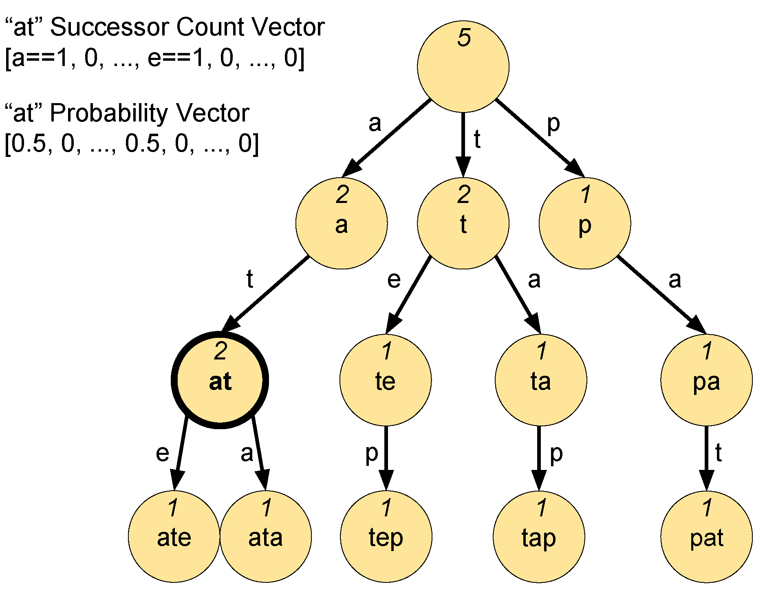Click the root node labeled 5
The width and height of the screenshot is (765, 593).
(x=463, y=66)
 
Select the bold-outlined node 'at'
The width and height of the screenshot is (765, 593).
(x=220, y=380)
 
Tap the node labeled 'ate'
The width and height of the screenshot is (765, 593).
(x=174, y=537)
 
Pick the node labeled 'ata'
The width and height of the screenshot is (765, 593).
(x=266, y=537)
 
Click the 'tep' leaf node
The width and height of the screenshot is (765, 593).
(x=386, y=537)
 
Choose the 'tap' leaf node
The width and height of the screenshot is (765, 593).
(x=539, y=537)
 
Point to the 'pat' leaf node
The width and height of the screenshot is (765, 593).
(x=706, y=537)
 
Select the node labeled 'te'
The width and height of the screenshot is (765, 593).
(x=386, y=380)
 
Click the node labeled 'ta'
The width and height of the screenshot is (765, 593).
(x=541, y=380)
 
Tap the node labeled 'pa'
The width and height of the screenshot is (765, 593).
(x=706, y=380)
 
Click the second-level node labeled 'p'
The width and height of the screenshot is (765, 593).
(x=585, y=223)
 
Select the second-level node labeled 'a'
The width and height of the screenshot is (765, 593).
(x=342, y=223)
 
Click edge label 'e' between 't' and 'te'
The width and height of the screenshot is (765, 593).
(x=394, y=280)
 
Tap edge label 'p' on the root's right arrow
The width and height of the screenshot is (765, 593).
(x=553, y=123)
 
